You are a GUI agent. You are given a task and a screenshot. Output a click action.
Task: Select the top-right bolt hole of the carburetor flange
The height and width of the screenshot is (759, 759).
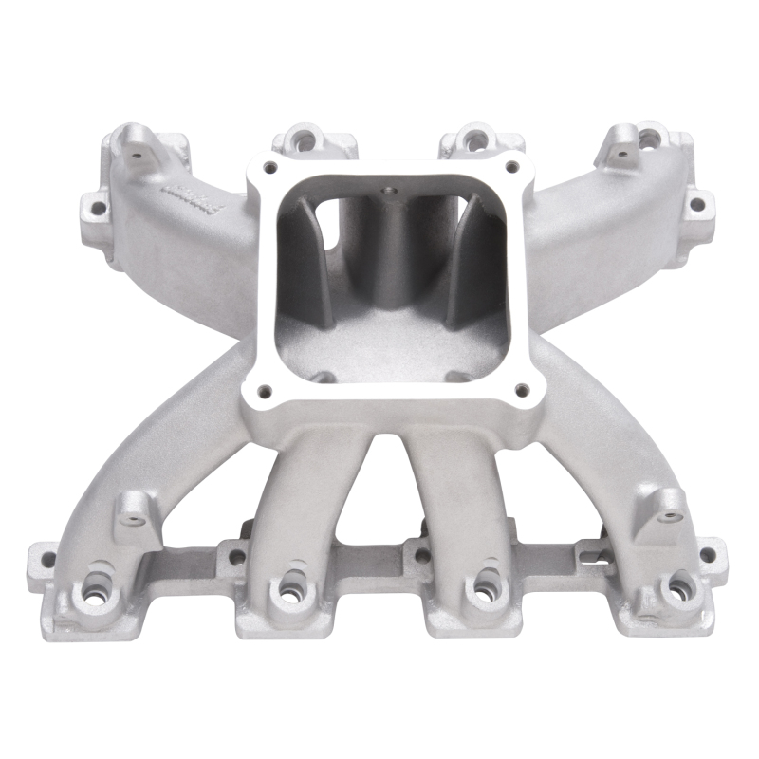pos(512,167)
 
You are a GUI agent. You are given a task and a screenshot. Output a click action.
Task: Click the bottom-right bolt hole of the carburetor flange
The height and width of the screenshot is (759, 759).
pos(519,388)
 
